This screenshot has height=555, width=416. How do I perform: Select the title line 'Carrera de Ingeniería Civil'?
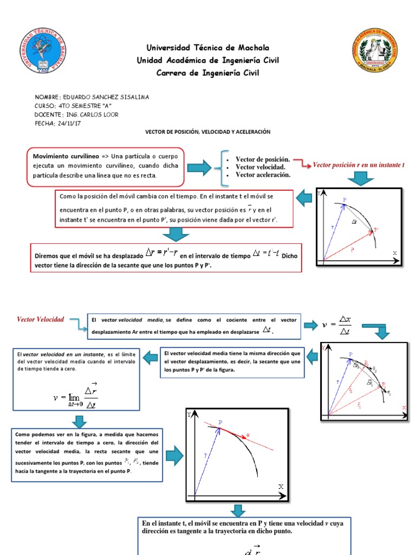click(208, 73)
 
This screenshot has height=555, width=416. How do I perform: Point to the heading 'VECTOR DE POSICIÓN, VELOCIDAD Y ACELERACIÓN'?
click(207, 132)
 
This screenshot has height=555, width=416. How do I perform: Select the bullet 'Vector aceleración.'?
click(263, 175)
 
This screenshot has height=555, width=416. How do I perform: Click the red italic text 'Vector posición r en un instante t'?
click(359, 164)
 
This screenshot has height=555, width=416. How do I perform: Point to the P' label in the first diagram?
click(376, 230)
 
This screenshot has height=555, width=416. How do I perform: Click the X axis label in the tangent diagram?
click(281, 487)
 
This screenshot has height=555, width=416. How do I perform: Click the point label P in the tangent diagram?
click(220, 422)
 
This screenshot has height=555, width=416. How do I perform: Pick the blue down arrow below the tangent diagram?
click(237, 511)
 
